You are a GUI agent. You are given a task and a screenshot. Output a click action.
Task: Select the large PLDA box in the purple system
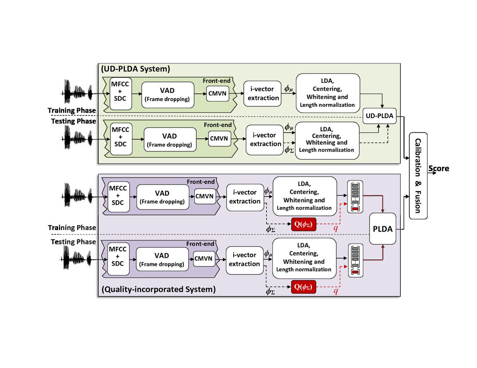point(382,230)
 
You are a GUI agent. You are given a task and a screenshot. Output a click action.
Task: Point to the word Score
point(439,169)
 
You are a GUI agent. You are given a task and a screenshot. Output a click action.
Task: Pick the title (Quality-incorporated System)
point(158,289)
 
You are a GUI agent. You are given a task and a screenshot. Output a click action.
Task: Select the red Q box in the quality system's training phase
point(303,224)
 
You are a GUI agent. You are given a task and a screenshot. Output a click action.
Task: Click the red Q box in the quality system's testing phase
point(303,287)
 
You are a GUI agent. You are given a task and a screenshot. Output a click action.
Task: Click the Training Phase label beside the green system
point(72,111)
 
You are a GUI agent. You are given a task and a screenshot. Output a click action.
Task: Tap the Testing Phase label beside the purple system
point(73,241)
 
